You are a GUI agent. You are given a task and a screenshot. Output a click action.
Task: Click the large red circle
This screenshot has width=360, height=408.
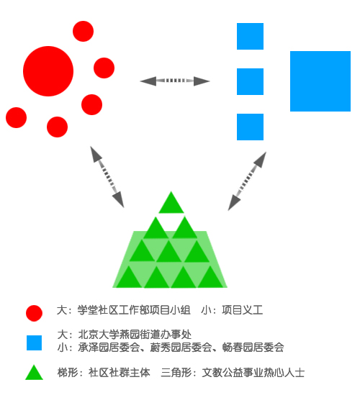(48, 71)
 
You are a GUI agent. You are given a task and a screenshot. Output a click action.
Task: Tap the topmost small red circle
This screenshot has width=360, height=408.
(83, 31)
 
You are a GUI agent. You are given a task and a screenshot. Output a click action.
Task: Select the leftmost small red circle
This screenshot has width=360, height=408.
(16, 117)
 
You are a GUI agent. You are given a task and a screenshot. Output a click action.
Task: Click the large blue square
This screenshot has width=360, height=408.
(320, 81)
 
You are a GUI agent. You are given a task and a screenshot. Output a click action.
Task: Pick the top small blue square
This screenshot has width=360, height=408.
(250, 36)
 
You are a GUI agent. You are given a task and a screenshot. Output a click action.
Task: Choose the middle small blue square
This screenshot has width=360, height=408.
(250, 82)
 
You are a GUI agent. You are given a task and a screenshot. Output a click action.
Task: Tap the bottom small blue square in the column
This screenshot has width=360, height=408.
(250, 127)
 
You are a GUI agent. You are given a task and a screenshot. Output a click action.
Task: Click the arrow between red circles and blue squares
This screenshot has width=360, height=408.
(175, 81)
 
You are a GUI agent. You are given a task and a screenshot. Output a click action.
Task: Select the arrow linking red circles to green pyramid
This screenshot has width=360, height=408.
(107, 177)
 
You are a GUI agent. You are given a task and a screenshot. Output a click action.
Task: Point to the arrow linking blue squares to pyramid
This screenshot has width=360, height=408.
(247, 181)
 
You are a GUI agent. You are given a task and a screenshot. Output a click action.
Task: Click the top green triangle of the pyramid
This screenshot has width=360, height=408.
(171, 202)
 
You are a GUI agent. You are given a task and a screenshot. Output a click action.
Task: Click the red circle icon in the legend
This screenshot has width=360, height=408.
(34, 313)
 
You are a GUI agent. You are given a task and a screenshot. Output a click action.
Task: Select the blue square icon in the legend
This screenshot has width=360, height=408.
(34, 343)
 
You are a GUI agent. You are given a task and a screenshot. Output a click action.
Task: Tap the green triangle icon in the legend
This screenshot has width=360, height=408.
(34, 372)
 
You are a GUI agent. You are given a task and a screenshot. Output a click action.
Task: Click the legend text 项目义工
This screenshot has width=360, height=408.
(243, 310)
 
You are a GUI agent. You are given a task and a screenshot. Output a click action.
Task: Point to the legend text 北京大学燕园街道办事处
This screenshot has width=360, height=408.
(135, 335)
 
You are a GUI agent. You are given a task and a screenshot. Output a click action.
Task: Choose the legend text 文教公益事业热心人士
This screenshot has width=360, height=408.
(253, 373)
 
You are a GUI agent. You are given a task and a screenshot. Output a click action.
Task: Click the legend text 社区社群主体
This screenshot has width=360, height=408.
(120, 373)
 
